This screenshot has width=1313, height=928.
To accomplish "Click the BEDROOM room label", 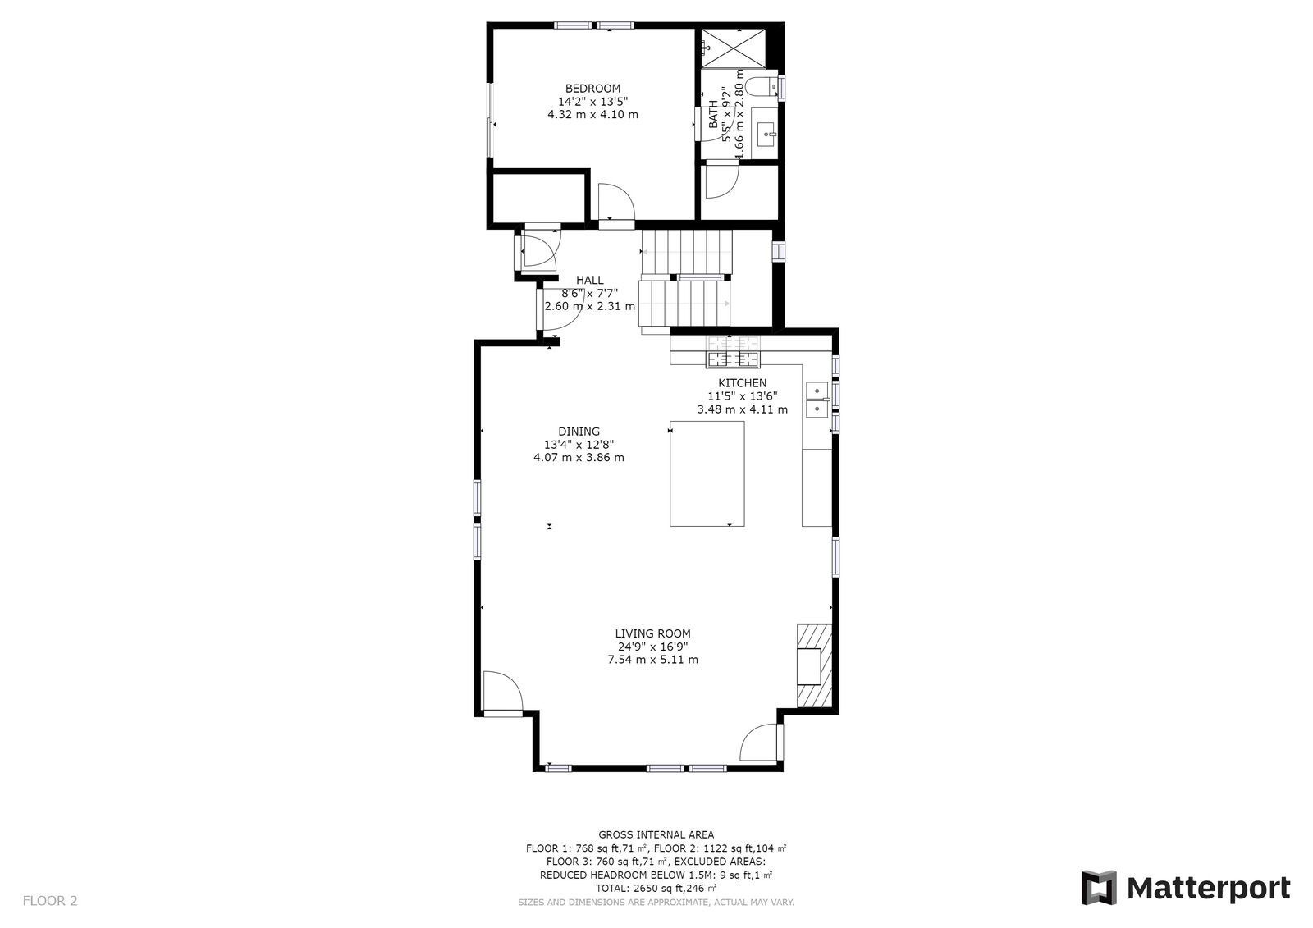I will pos(592,89).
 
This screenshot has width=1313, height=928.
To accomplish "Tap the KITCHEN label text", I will pos(742,383).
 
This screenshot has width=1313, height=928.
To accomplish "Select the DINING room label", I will pos(579,432).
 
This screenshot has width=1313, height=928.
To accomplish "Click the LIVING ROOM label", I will pos(652,633).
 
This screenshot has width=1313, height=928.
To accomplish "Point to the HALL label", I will pos(589,281).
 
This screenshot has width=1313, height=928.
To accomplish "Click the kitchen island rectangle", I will pos(707,473).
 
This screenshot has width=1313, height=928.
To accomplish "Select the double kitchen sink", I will pos(817,399).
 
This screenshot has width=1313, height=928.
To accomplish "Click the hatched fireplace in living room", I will pos(814,665).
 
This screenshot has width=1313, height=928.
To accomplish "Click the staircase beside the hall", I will pos(686,279).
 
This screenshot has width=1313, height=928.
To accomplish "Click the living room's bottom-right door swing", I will pos(760,743).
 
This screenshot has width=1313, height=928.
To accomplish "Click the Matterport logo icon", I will pos(1098,888).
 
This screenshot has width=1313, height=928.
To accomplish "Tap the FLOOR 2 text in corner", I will pos(50,901).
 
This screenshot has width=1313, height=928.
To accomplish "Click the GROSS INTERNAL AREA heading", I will pos(656,834).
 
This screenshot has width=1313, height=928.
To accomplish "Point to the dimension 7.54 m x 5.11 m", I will pos(652,660).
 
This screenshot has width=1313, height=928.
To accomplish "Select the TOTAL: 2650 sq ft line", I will pos(656,889).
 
